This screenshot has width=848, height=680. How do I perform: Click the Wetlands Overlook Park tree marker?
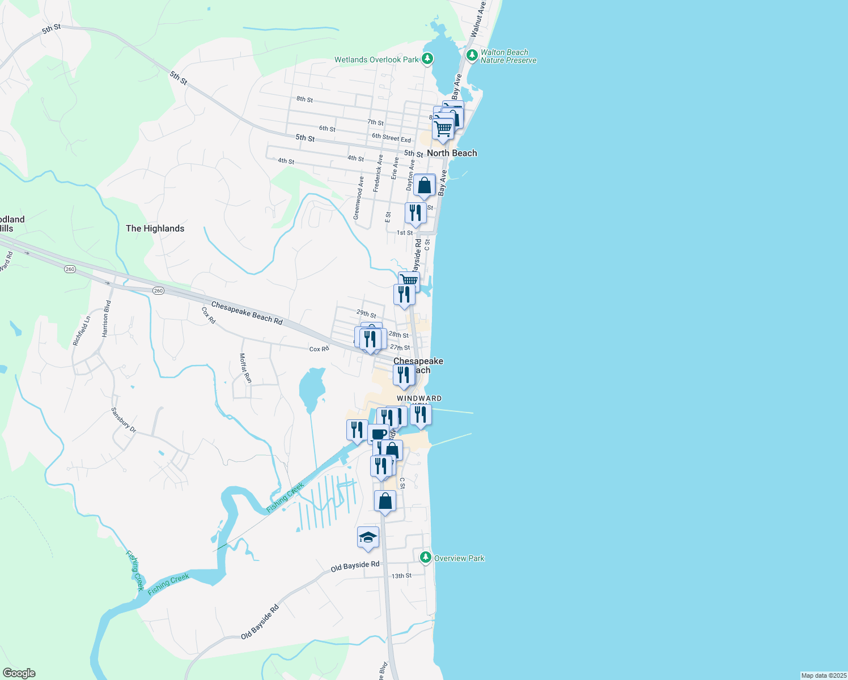[427, 58]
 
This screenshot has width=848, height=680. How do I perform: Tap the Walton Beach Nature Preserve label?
[508, 56]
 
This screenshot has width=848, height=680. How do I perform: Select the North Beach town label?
[452, 153]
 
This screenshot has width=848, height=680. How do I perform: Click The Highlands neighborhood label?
[155, 228]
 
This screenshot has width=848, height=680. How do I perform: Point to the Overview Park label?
[459, 558]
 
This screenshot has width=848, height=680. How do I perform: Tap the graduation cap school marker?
[368, 537]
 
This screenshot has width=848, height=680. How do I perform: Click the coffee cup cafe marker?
[378, 434]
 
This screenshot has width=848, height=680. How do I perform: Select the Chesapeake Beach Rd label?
[247, 313]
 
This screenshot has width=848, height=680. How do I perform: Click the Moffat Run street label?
[245, 367]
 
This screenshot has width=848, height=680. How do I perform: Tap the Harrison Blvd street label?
[107, 319]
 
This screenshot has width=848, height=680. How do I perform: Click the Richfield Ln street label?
[82, 331]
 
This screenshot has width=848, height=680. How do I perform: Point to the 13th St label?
[401, 576]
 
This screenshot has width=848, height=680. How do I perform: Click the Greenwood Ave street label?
[358, 198]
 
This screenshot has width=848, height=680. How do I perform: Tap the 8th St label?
[304, 99]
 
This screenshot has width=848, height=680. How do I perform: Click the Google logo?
[19, 673]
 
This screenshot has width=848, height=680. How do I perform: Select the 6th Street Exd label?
[391, 138]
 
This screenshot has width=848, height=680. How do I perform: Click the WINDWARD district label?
[419, 398]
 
